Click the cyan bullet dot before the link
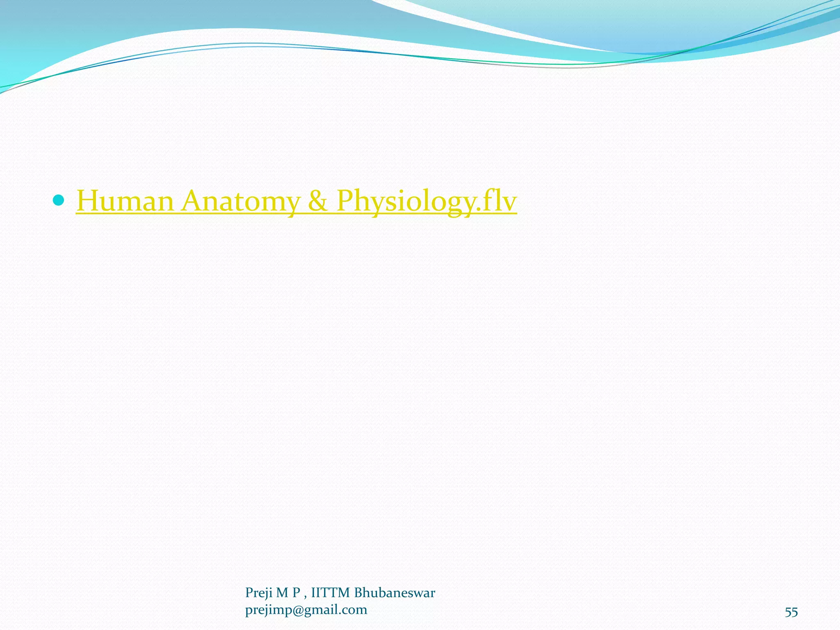(x=59, y=200)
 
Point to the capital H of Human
(x=88, y=201)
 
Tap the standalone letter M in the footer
(x=282, y=593)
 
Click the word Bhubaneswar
(x=395, y=593)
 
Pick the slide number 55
(x=791, y=612)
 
